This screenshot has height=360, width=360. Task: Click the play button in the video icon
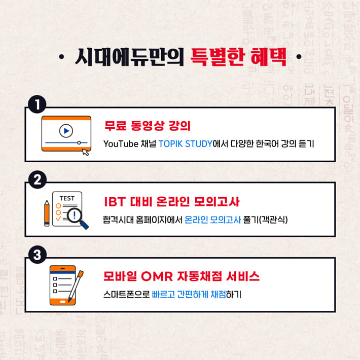pyautogui.click(x=65, y=131)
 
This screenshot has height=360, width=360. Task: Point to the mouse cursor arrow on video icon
pyautogui.click(x=85, y=152)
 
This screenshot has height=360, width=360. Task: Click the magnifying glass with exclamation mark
pyautogui.click(x=76, y=215)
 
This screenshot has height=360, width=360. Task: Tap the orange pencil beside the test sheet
pyautogui.click(x=47, y=213)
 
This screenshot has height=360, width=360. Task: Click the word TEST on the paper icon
pyautogui.click(x=67, y=198)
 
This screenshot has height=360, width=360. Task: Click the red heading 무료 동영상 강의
pyautogui.click(x=143, y=125)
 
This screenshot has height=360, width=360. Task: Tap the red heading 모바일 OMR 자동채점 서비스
pyautogui.click(x=181, y=276)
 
